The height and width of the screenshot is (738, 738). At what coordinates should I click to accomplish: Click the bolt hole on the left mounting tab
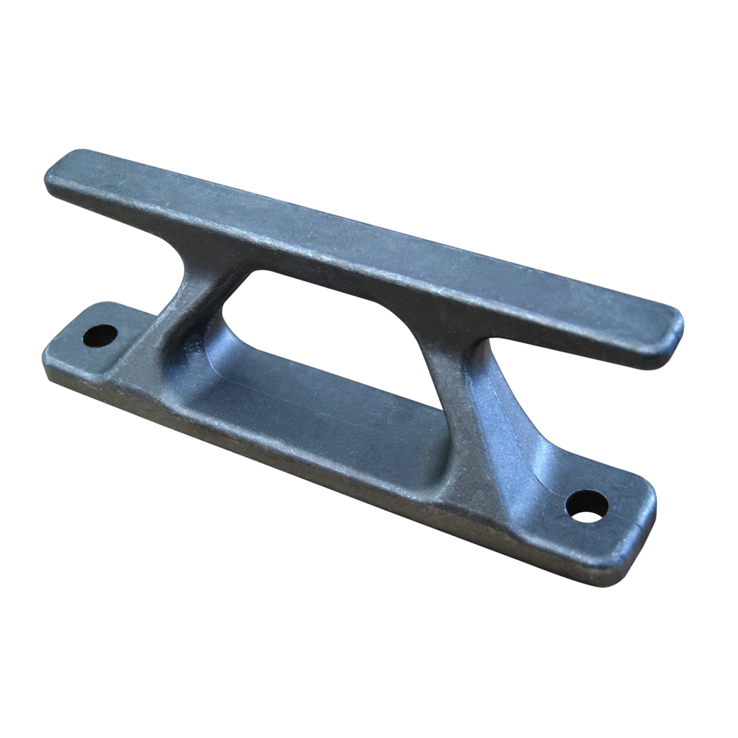(x=100, y=336)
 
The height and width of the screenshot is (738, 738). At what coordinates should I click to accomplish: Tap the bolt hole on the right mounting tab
(x=587, y=506)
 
